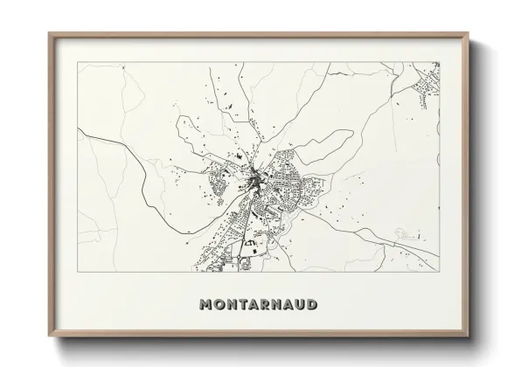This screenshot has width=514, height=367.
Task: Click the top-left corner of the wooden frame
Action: click(49, 33)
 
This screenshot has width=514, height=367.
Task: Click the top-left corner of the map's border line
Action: click(79, 62)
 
